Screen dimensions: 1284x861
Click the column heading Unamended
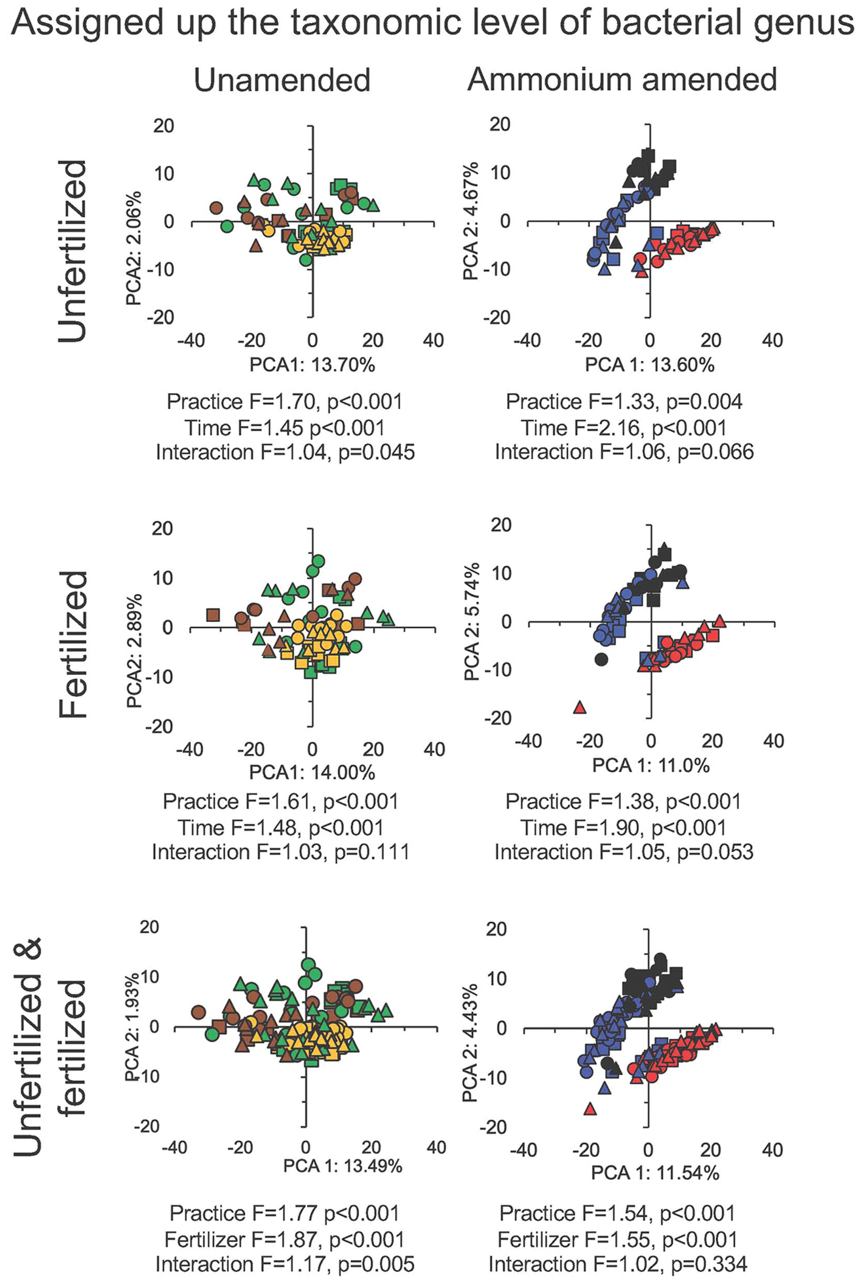282,80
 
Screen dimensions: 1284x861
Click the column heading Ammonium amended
622,80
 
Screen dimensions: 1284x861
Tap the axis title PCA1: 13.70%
312,364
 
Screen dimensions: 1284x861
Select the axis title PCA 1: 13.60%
649,364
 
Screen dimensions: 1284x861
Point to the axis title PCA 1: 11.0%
651,765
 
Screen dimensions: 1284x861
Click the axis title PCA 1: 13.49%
342,1165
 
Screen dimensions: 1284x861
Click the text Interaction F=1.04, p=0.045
285,452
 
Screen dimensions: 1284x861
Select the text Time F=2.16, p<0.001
624,427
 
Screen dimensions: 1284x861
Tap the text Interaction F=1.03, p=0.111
280,852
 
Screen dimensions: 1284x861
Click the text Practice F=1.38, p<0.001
623,801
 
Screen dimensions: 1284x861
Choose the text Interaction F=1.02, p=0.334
618,1265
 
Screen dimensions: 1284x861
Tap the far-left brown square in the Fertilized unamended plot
212,615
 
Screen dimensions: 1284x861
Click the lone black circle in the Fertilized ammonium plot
601,659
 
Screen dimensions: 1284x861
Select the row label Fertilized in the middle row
74,644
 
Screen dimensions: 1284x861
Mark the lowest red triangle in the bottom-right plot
589,1109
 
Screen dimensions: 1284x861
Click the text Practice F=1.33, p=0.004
624,402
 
